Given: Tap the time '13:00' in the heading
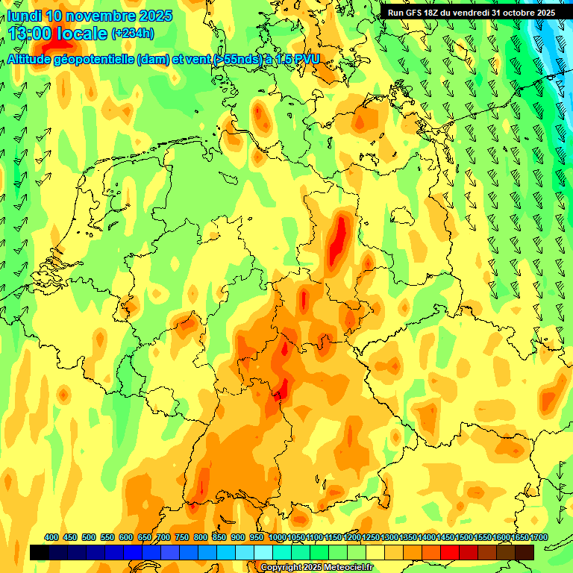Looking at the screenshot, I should pos(33,33).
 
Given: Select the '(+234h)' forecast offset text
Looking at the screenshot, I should pos(132,33).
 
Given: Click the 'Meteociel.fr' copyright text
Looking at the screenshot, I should pos(344,568).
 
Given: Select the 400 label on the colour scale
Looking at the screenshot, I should pos(51,538).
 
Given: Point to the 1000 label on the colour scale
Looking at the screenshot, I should pos(277,538).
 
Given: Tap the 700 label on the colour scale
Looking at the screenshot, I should pos(163,538).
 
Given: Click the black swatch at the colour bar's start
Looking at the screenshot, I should pos(40,552).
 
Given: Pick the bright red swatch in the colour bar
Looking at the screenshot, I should pos(450,552).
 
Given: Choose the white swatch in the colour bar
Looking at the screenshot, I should pos(263,552).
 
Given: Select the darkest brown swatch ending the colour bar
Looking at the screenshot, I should pos(525,552).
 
